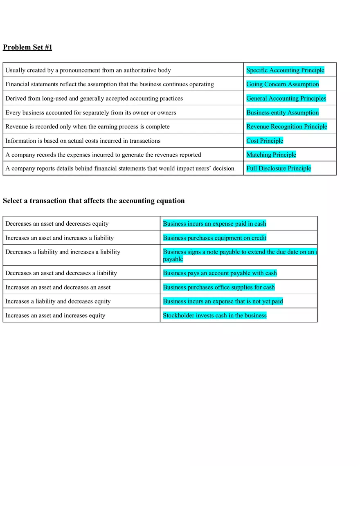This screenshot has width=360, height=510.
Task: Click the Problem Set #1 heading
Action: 27,47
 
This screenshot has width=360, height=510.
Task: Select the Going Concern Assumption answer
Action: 282,84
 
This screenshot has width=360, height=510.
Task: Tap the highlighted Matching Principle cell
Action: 271,155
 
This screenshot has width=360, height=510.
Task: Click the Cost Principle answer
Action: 265,141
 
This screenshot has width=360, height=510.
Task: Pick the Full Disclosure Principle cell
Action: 279,169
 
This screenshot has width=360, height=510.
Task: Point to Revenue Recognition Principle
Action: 286,127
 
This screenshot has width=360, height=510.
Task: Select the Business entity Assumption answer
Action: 282,112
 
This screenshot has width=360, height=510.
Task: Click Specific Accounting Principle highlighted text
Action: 285,70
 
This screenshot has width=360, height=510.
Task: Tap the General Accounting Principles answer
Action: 286,99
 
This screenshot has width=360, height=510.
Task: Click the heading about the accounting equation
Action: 94,201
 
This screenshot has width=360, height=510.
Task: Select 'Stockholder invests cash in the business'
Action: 214,315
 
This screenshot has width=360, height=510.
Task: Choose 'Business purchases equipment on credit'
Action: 214,238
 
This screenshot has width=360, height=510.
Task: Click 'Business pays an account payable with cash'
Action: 220,273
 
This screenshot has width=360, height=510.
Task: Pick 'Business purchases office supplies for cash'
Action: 218,288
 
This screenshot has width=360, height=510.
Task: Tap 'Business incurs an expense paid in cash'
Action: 214,224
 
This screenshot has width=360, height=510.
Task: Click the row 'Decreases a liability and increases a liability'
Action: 63,252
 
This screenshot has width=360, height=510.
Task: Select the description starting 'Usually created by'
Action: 88,70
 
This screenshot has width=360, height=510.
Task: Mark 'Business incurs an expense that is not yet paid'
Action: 223,301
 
